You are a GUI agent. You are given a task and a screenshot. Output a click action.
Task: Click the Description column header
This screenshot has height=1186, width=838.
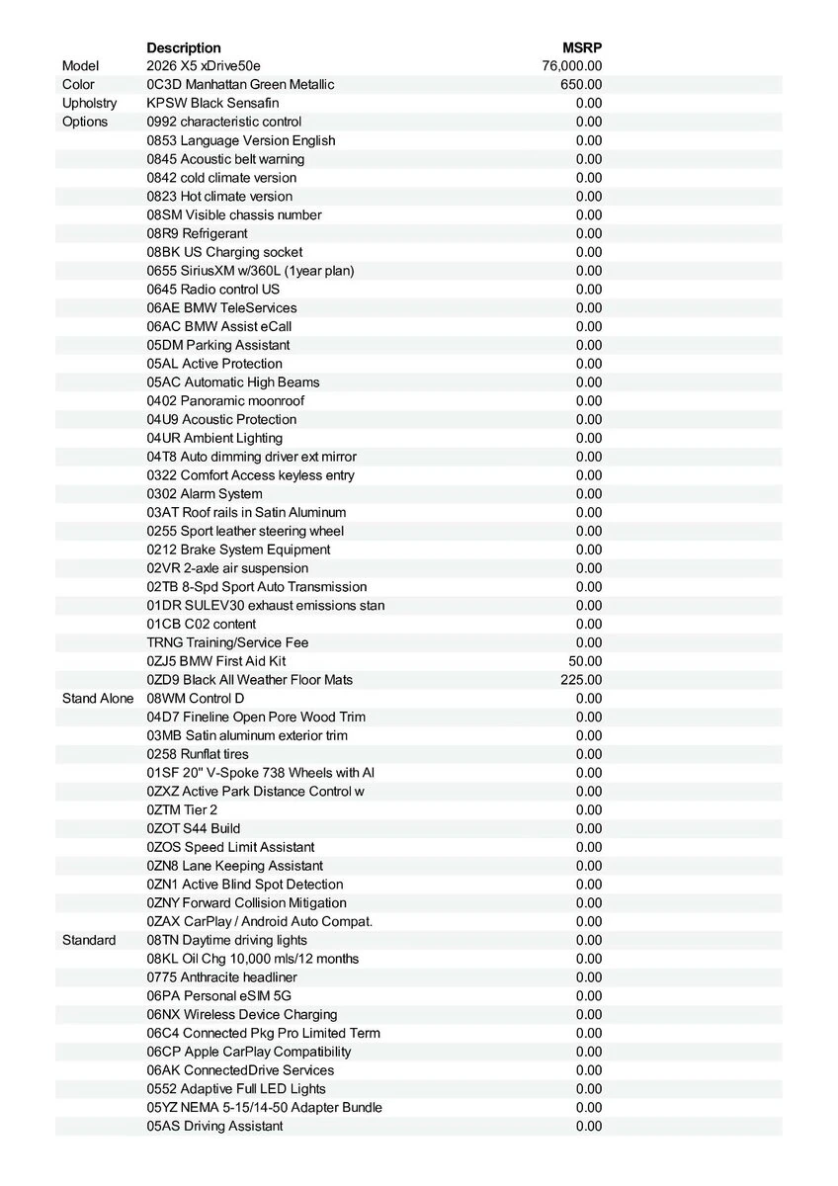pos(184,47)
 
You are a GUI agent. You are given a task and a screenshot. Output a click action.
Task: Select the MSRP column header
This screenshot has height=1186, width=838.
pos(582,47)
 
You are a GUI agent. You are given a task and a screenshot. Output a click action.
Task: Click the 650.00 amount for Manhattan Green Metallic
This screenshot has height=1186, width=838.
pos(581,85)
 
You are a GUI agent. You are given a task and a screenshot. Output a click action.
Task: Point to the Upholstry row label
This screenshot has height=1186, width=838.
pos(89,103)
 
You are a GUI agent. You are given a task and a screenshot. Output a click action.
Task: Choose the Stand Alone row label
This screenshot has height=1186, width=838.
pos(97,699)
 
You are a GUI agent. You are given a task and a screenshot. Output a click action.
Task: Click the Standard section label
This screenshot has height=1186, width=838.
pos(89,940)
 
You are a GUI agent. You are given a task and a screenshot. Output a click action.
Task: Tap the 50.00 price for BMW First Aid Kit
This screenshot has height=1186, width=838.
pos(585,661)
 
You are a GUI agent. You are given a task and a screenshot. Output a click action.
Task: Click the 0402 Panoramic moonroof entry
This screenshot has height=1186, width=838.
pos(225,401)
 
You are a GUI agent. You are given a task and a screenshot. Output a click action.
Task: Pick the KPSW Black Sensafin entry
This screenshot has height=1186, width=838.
pos(212,103)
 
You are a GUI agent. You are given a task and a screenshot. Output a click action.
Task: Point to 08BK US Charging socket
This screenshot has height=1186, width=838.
pos(224,252)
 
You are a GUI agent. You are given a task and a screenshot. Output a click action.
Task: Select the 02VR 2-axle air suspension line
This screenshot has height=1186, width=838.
pos(227,568)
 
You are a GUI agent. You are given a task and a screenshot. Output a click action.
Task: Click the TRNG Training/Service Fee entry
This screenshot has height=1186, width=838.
pos(227,642)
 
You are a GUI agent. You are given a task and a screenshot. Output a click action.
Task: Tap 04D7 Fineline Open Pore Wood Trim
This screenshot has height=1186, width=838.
pos(256,717)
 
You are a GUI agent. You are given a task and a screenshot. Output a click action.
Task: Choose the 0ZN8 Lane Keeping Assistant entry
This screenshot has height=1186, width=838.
pos(234,866)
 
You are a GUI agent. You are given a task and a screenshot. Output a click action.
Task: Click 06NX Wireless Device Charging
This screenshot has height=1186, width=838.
pos(242,1014)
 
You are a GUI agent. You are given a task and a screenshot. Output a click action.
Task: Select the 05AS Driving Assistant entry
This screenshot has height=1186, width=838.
pos(214,1126)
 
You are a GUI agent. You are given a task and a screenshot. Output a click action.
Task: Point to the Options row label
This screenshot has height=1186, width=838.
pos(85,122)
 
